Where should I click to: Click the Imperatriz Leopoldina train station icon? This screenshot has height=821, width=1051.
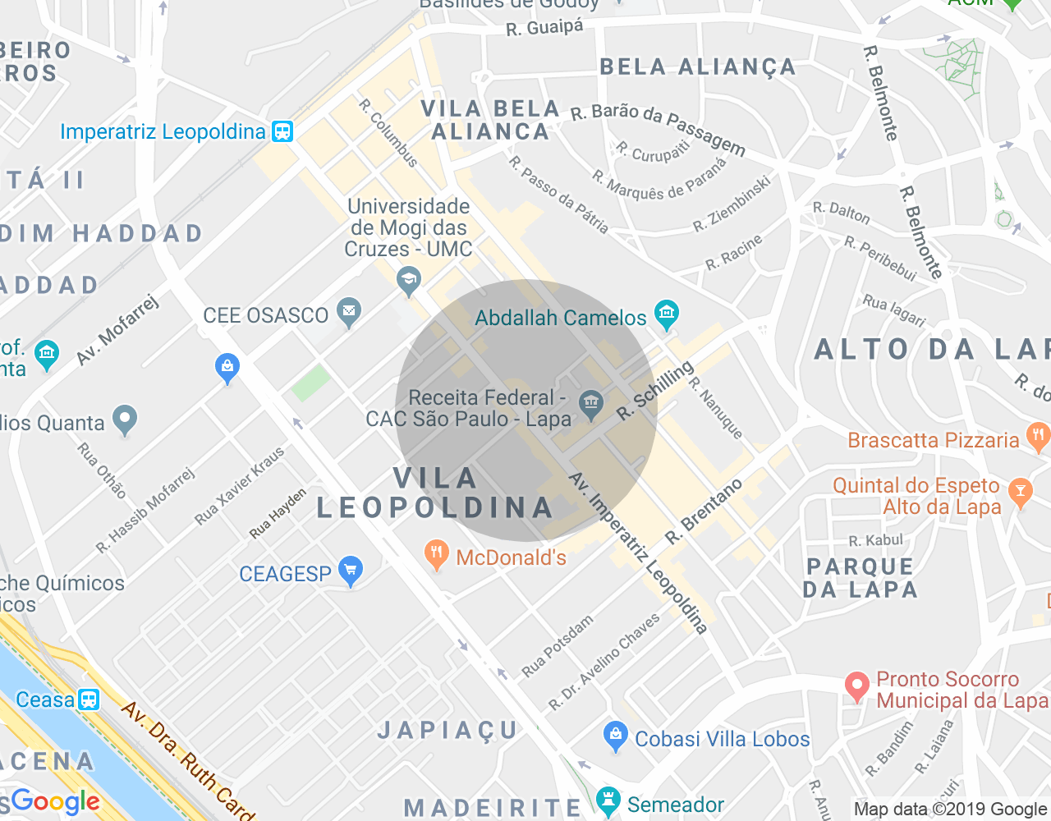pyautogui.click(x=282, y=131)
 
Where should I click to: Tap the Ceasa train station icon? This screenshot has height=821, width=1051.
pyautogui.click(x=89, y=699)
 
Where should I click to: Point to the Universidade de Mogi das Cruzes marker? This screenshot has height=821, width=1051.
pyautogui.click(x=408, y=281)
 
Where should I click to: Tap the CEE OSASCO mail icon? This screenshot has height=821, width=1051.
pyautogui.click(x=349, y=312)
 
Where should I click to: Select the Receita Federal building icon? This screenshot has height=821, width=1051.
pyautogui.click(x=590, y=402)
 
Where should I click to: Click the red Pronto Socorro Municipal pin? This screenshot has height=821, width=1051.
pyautogui.click(x=856, y=686)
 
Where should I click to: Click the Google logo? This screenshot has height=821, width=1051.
pyautogui.click(x=55, y=800)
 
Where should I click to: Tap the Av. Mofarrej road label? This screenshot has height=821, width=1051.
pyautogui.click(x=117, y=329)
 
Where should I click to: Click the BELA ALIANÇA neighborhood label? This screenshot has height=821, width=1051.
pyautogui.click(x=697, y=67)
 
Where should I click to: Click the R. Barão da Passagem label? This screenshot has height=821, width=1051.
pyautogui.click(x=658, y=128)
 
